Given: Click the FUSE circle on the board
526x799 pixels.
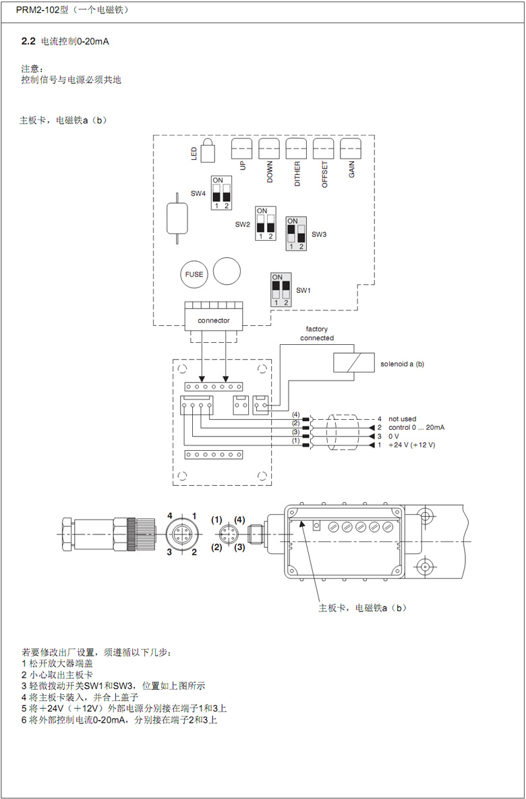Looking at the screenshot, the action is pos(194,274).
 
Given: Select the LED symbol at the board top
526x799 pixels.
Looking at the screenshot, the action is pos(208,151).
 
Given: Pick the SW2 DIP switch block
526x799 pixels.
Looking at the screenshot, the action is pos(265,223).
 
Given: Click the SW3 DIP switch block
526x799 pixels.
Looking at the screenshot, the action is pos(295,233).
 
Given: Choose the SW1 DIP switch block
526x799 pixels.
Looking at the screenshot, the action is pos(280,290).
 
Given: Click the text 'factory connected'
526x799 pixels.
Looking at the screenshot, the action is pos(317,334).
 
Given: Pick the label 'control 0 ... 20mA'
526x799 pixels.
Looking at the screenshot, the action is pos(417,427).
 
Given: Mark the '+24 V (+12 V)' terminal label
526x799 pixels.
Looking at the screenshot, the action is pos(411,445).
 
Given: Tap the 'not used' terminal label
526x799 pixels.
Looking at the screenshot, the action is pos(403,419).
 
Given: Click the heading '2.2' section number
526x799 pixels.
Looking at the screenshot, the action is pos(28,42).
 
